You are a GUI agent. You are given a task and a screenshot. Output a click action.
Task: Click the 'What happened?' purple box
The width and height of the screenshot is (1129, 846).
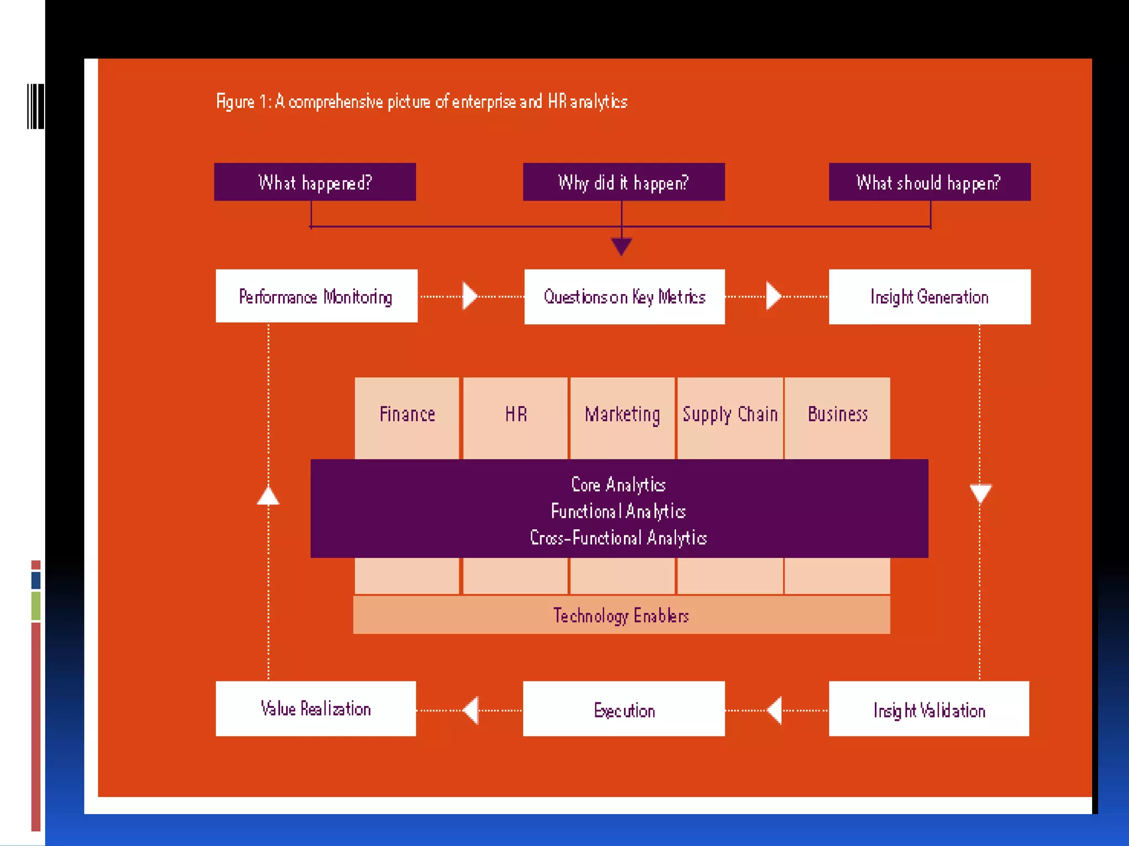click(315, 182)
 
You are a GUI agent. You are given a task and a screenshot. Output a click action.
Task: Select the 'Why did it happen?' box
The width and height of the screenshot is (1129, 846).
click(623, 182)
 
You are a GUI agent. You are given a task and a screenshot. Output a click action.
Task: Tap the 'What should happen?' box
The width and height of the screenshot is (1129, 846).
click(929, 182)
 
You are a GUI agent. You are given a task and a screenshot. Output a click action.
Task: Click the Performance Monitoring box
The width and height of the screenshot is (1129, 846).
click(316, 296)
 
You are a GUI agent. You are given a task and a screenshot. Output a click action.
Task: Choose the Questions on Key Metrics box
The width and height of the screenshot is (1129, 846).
click(624, 297)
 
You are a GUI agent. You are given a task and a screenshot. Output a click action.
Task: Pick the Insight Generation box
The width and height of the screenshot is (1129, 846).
click(929, 297)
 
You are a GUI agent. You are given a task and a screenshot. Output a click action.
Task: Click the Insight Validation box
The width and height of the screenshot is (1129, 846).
click(929, 709)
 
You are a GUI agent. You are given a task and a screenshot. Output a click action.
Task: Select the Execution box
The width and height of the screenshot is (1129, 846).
click(623, 709)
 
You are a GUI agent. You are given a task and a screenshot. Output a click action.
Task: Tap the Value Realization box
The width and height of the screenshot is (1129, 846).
click(315, 709)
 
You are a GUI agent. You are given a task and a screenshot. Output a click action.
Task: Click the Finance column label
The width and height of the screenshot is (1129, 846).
click(407, 414)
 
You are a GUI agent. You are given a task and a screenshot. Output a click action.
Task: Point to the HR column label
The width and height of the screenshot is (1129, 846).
click(516, 414)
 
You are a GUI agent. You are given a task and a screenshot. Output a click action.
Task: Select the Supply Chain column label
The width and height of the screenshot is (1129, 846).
click(730, 414)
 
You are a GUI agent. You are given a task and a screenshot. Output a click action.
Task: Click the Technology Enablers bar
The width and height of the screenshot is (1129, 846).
click(621, 615)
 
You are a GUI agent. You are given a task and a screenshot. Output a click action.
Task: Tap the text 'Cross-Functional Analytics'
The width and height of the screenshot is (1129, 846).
click(618, 538)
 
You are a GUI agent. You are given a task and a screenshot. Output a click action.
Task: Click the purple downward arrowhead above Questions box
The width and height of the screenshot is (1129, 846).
click(621, 246)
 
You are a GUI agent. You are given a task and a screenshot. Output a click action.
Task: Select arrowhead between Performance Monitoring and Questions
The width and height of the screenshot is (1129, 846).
click(469, 296)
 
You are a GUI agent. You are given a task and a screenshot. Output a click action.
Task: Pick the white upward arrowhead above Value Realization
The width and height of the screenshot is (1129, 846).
click(268, 496)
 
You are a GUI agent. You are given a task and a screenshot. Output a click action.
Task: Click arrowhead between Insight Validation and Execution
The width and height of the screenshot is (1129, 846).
click(775, 710)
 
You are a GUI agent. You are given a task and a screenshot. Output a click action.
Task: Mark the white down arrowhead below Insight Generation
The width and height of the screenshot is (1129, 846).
click(980, 493)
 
